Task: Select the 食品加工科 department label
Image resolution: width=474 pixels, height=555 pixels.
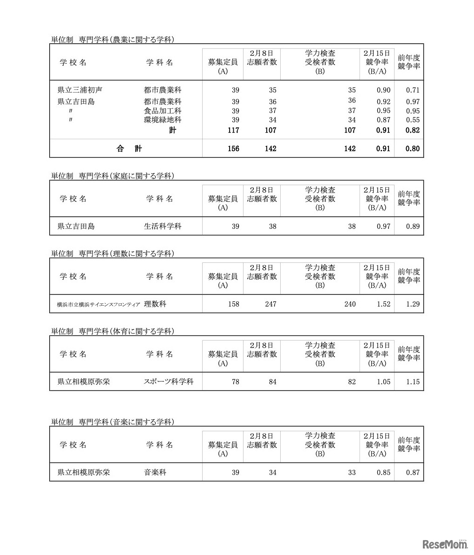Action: point(163,111)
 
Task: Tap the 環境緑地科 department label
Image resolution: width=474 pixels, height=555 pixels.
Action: point(163,120)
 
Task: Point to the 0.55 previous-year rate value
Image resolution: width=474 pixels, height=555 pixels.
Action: point(412,120)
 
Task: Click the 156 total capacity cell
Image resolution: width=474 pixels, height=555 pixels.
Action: point(233,149)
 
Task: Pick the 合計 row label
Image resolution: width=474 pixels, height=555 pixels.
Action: point(129,149)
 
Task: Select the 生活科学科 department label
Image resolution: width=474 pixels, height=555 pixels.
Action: point(163,227)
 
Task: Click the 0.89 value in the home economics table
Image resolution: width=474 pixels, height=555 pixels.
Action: point(412,227)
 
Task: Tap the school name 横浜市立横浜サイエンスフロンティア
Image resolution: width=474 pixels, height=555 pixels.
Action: point(99,305)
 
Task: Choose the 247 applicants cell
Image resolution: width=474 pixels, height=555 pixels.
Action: point(270,304)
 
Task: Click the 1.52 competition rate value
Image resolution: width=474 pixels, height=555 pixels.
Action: point(383,304)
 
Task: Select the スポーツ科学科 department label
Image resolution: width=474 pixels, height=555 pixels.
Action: point(169,382)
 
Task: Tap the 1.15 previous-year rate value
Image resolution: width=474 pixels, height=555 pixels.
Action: point(412,382)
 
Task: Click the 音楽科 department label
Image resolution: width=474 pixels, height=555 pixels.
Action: point(155,473)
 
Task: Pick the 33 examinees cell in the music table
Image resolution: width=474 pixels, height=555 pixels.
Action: point(351,473)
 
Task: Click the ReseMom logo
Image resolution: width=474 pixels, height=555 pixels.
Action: point(444,544)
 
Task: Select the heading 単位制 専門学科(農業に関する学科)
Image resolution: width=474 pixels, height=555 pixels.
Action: point(112,40)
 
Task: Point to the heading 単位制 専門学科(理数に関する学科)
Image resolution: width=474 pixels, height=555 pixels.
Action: point(112,254)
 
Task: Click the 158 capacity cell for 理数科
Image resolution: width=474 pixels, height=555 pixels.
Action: point(233,304)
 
